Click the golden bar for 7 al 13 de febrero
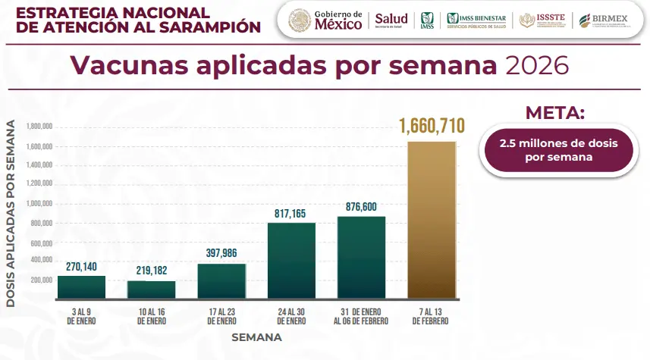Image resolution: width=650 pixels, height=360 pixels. point(432,220)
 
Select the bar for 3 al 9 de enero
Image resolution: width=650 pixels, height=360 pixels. point(81,286)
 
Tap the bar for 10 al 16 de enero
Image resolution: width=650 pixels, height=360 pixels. point(151,290)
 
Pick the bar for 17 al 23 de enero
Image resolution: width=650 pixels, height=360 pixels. point(221,280)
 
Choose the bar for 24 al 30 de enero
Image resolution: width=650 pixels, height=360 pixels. point(291,260)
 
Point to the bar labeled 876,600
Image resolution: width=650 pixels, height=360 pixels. point(361,257)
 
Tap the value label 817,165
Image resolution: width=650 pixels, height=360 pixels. point(291,213)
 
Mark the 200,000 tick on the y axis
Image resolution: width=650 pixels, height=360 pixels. point(39,280)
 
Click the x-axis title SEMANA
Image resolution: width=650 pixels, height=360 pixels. point(256,337)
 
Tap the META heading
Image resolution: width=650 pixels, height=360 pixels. point(555,113)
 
